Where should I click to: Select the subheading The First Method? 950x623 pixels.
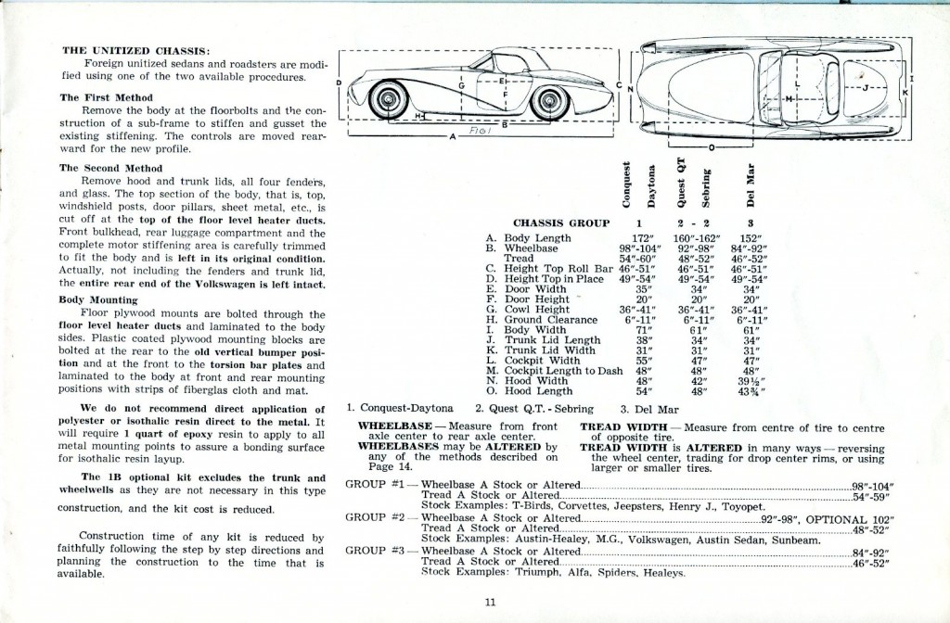(101, 97)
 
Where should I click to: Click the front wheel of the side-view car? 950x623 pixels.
(391, 99)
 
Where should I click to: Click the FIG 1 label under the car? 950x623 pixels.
(477, 133)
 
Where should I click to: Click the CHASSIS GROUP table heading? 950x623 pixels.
(561, 222)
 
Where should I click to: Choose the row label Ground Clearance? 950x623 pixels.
(551, 320)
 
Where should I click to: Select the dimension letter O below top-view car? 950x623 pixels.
(710, 146)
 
